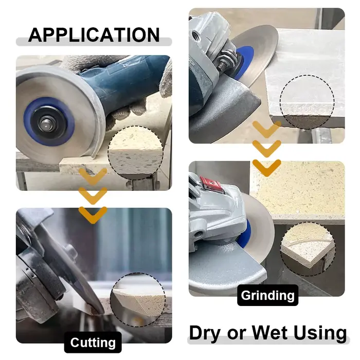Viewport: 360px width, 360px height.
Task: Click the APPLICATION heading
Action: pos(94,34)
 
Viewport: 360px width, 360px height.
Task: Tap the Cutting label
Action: pos(93,343)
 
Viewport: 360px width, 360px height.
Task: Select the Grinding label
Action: pos(268,295)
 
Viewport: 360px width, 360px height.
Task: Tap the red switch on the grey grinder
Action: pos(212,184)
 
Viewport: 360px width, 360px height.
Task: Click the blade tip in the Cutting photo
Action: pos(101,313)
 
